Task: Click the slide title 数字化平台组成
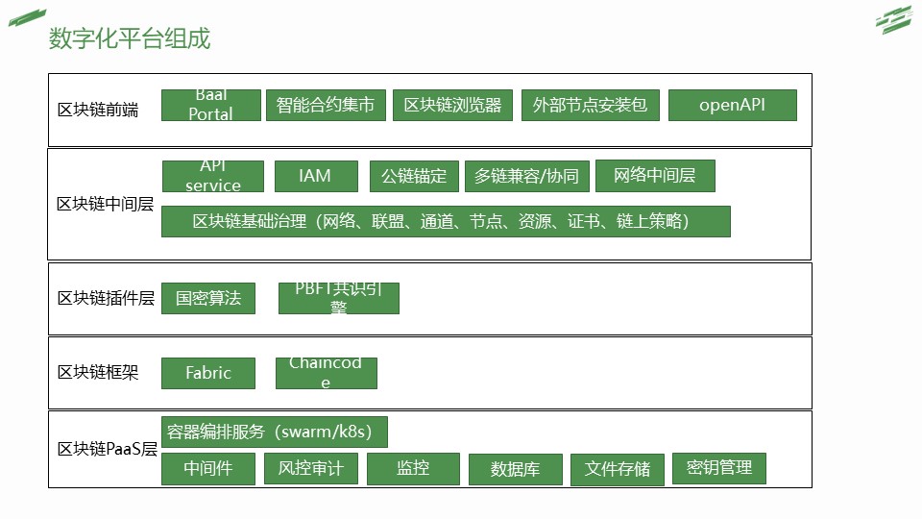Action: coord(130,38)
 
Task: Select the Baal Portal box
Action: coord(211,105)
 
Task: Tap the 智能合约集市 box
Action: coord(326,105)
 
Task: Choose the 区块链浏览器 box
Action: coord(452,106)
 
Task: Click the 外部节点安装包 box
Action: coord(591,106)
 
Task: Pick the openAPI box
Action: coord(732,106)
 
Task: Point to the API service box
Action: coord(213,176)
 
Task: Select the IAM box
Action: coord(315,176)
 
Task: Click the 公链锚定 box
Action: coord(414,176)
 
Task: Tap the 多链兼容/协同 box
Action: coord(527,176)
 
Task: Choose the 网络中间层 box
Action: coord(655,176)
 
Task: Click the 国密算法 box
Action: coord(208,298)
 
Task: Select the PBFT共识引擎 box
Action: coord(338,298)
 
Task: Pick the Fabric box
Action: coord(208,373)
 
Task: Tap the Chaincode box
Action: coord(326,373)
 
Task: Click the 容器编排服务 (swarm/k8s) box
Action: coord(274,432)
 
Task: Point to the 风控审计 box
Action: coord(310,469)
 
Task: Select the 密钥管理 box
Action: coord(719,468)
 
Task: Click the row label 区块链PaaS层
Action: coord(107,450)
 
